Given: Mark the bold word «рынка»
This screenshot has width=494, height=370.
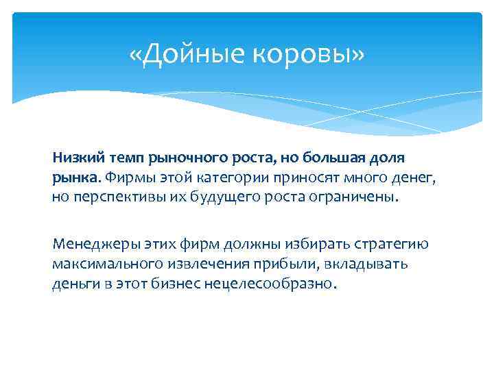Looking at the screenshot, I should click(76, 177).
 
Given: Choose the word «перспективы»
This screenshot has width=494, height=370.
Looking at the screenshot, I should click(109, 198).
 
